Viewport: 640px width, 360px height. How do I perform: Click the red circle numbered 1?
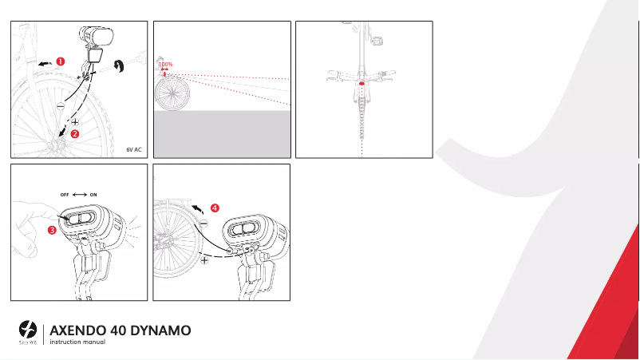tap(61, 61)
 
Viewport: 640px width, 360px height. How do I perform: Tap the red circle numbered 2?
tap(75, 135)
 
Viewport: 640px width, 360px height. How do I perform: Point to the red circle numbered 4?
tap(215, 208)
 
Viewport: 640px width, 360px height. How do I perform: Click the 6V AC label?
tap(133, 149)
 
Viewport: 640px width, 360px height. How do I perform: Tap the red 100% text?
tap(165, 64)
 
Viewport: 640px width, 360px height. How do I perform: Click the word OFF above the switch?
tap(65, 194)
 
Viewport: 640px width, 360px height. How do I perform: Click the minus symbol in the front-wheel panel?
tap(61, 105)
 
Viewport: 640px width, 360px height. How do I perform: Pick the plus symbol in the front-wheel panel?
tap(75, 121)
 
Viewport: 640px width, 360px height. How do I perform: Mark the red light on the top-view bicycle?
tap(362, 82)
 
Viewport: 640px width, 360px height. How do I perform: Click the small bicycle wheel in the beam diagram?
tap(170, 97)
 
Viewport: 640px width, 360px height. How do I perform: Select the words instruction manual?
tap(77, 342)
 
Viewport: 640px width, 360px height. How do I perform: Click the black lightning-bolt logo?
tap(29, 328)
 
